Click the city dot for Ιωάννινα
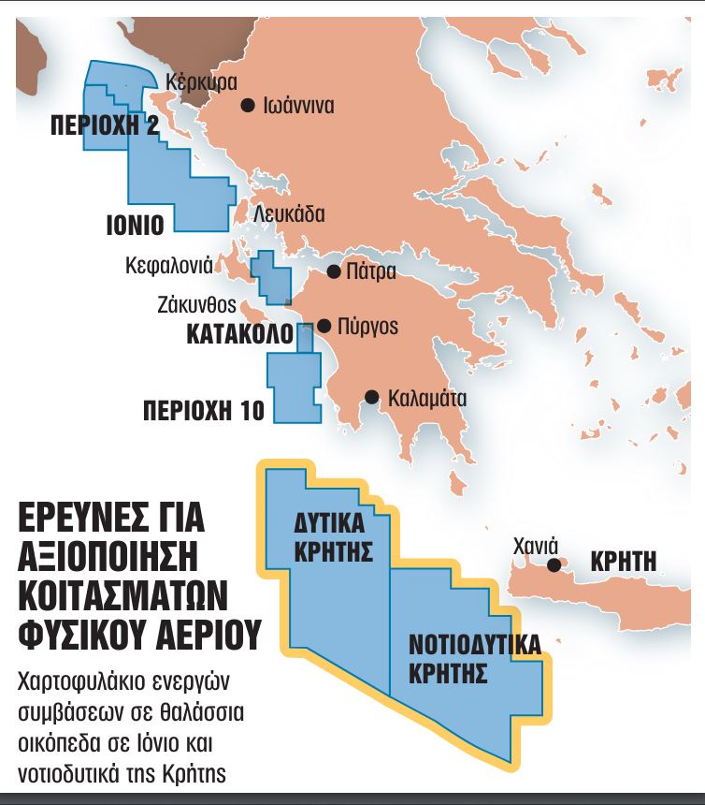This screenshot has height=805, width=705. tap(248, 106)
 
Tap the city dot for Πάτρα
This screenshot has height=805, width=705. tap(333, 272)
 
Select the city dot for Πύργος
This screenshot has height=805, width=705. tap(324, 327)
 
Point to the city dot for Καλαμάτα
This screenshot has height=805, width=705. tap(372, 397)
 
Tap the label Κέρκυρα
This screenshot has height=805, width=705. tap(201, 80)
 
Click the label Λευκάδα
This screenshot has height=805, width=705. tap(289, 214)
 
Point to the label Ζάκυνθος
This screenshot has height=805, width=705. tap(195, 305)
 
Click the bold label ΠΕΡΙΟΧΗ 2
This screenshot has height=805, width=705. tap(105, 125)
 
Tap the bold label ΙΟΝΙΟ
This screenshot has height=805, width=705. tap(135, 225)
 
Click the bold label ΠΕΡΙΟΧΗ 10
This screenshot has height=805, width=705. tap(204, 409)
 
